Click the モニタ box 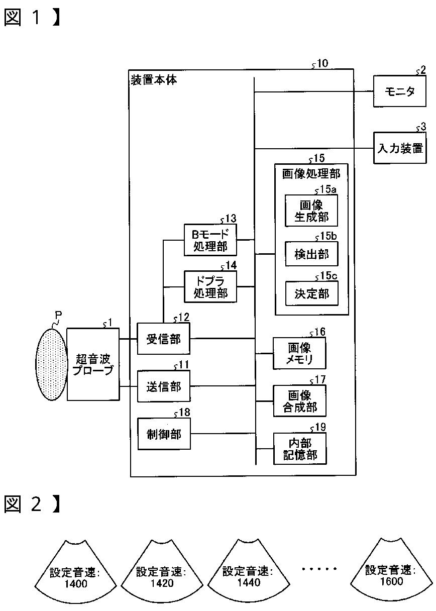(x=399, y=91)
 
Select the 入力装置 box (x=399, y=148)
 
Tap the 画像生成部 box (x=311, y=211)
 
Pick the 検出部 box (x=311, y=254)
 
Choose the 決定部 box (x=311, y=294)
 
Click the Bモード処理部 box (x=210, y=240)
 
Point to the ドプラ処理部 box (x=210, y=286)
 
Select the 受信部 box (x=163, y=339)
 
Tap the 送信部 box (x=163, y=387)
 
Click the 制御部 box (x=163, y=434)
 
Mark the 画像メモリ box (x=299, y=353)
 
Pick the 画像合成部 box (x=299, y=401)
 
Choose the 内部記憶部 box (x=299, y=449)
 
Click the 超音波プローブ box (x=93, y=364)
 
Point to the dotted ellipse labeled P (x=52, y=364)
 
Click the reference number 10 (x=322, y=64)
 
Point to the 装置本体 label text (x=154, y=80)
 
